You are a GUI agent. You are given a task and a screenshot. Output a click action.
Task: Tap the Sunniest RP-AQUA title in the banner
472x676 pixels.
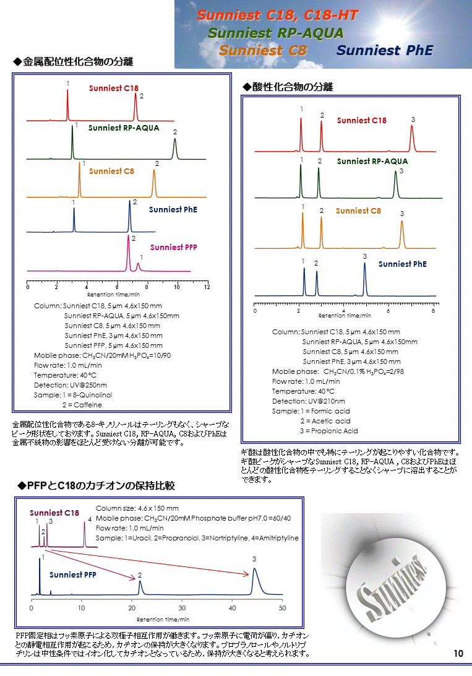pos(275,33)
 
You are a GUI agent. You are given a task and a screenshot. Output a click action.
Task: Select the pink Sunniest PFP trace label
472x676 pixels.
pos(173,247)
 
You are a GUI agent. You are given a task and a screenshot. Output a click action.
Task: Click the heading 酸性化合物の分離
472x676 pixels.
pos(288,87)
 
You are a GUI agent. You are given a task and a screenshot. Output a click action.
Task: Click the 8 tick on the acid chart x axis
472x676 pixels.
pos(433,310)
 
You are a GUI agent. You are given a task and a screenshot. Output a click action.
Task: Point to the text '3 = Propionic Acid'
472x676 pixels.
pos(328,431)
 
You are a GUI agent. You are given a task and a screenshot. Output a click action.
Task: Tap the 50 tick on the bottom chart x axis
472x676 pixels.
pos(282,608)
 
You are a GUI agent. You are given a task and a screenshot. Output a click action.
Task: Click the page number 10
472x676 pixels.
pos(458,654)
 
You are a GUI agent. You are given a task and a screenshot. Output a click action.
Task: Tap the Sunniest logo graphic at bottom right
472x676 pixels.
pos(393,587)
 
